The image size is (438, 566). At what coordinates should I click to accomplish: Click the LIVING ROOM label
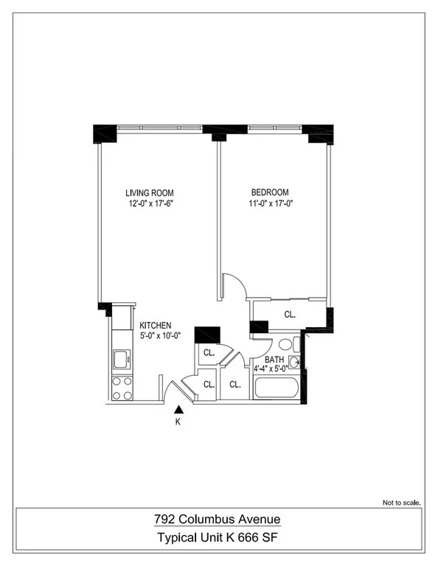click(x=150, y=193)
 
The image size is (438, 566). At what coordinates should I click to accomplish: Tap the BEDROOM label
click(x=270, y=192)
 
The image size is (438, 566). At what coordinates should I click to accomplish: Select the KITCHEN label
click(x=156, y=325)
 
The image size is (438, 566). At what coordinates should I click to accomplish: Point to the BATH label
click(x=274, y=360)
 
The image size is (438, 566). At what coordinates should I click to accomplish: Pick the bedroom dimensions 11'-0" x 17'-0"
click(x=271, y=203)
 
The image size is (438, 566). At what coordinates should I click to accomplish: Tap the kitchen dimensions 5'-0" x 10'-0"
click(x=160, y=336)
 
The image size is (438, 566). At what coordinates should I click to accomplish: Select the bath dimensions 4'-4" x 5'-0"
click(x=271, y=369)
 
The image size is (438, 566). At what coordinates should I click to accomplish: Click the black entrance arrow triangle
click(x=178, y=409)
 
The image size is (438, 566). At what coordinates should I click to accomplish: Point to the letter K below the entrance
click(x=178, y=422)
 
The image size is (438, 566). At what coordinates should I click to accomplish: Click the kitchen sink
click(x=122, y=359)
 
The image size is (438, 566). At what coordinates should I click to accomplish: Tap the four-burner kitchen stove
click(x=122, y=388)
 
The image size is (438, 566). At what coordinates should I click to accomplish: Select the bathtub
click(x=277, y=388)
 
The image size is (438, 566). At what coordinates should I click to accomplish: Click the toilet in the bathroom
click(x=289, y=344)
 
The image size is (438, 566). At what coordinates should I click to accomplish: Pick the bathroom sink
click(x=294, y=362)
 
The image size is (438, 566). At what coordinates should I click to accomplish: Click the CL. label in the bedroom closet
click(x=290, y=315)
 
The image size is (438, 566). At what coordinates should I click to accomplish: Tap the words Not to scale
click(x=402, y=503)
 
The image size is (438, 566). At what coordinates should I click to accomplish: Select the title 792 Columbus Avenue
click(x=218, y=519)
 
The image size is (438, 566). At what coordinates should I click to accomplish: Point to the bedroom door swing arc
click(x=239, y=283)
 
